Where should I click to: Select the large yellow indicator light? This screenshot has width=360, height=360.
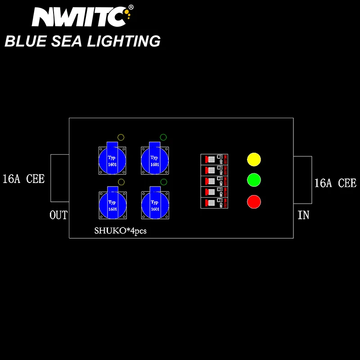(254, 160)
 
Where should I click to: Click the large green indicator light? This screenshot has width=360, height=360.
(254, 180)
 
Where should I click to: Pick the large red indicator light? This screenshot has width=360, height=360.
(254, 201)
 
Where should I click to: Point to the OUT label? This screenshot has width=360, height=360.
(58, 215)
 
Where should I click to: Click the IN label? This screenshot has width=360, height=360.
(303, 215)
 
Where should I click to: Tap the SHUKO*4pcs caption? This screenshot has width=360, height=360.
(121, 231)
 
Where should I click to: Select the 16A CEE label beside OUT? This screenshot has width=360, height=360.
(23, 179)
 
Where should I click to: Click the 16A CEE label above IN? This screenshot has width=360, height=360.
(335, 183)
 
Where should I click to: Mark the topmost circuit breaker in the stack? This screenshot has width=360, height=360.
(214, 159)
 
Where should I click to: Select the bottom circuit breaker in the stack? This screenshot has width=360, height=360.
(214, 203)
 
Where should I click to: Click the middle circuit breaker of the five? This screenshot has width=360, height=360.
(214, 181)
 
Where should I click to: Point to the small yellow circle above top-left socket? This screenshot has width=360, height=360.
(121, 137)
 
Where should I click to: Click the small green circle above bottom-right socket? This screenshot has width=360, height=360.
(163, 182)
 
